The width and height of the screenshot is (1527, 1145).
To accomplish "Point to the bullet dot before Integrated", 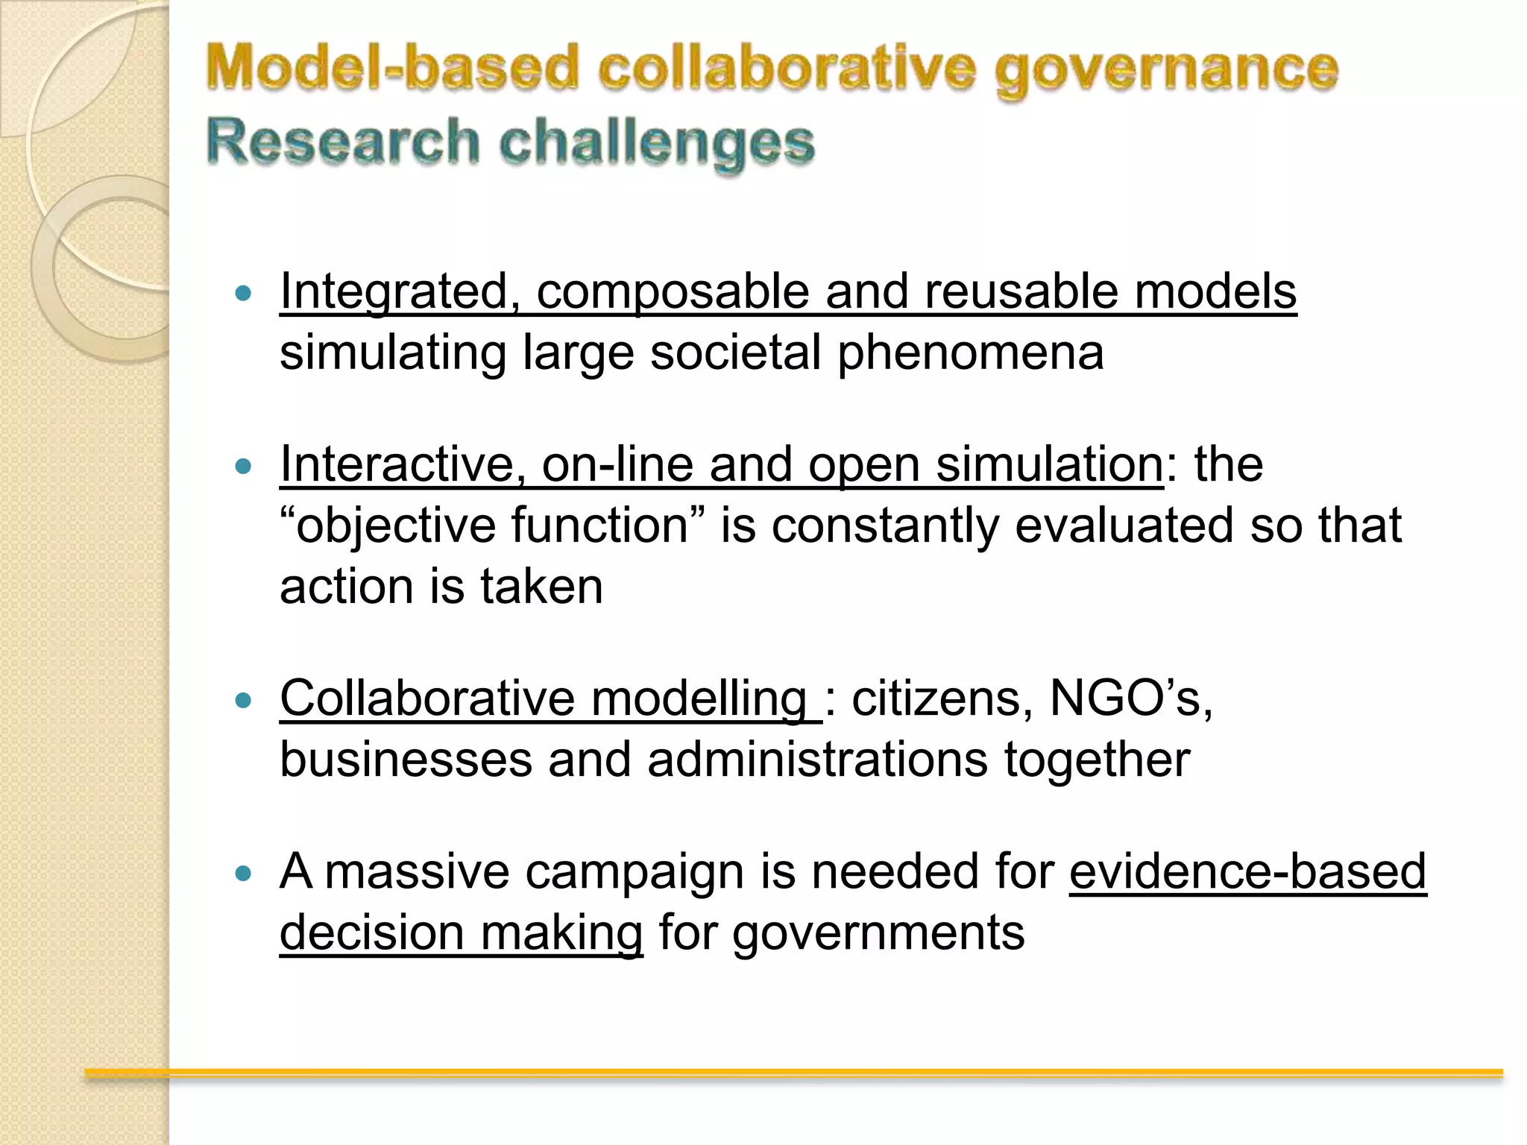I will pos(243,293).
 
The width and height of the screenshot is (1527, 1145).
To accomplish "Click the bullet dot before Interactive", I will pos(243,467).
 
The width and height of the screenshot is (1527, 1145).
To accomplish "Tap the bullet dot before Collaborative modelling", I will pos(243,701).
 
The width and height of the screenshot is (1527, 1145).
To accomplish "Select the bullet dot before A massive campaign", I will pos(243,873).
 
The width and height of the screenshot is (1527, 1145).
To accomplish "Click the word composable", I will pos(672,292).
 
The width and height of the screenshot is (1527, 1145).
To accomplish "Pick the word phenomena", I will pos(970,353).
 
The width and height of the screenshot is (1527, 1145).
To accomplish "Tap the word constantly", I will pos(884,526).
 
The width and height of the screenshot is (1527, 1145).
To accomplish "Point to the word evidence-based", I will pos(1247,871).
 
